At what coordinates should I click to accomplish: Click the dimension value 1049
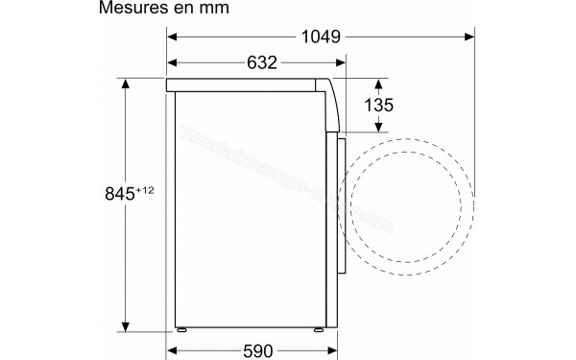(x=318, y=37)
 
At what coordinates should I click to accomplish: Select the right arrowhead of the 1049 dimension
(x=470, y=37)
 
